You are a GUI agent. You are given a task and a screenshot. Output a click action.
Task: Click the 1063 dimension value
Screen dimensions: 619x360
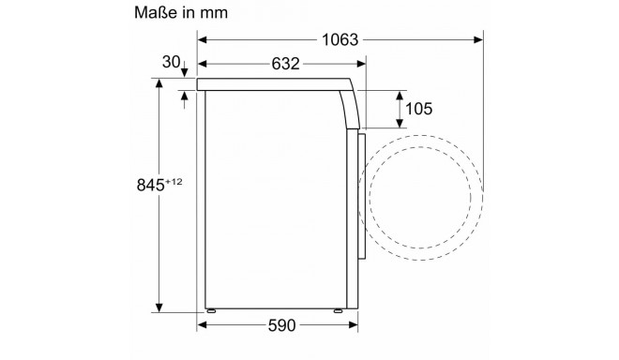tap(340, 40)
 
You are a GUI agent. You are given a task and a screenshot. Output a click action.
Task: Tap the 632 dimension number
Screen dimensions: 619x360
tap(285, 64)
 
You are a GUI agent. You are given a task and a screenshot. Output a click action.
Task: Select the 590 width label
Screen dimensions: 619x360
tap(281, 325)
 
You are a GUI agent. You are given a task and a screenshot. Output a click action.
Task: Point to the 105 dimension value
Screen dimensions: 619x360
tap(419, 109)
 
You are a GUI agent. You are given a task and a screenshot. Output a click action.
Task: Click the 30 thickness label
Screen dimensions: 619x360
tap(171, 62)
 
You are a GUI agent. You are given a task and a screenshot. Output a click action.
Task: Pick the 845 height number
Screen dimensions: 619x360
tap(150, 185)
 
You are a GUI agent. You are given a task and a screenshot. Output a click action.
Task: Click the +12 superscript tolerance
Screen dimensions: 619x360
tap(174, 182)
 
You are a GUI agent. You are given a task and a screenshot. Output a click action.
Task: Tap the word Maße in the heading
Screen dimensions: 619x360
tap(156, 12)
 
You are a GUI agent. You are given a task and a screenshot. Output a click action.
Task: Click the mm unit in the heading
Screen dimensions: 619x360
tap(214, 13)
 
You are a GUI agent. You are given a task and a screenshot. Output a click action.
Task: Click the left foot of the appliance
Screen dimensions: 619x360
tap(211, 310)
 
